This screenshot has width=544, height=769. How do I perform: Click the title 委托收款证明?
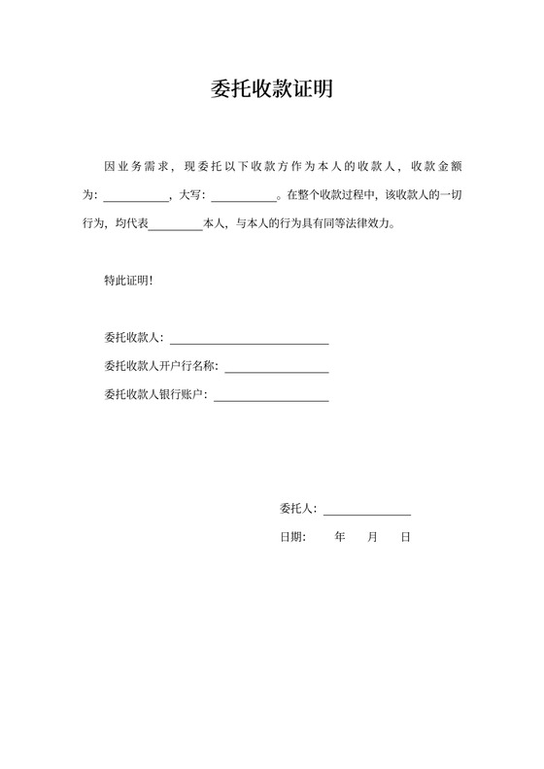click(x=272, y=90)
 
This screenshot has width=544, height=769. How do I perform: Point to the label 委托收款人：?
click(x=135, y=339)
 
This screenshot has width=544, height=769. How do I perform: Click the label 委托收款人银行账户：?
click(x=156, y=395)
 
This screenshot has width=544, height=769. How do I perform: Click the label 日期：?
click(x=293, y=536)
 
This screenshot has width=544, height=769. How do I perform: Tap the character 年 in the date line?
click(x=340, y=536)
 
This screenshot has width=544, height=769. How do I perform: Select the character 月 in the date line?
click(x=372, y=536)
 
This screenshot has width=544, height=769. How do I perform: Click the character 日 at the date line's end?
click(x=405, y=536)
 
